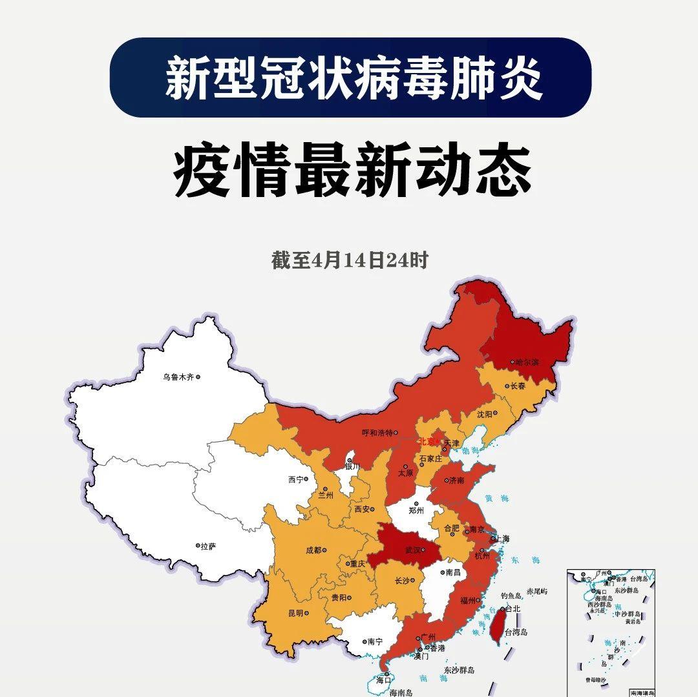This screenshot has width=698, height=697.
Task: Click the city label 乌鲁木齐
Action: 178,377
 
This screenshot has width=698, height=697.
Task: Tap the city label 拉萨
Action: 208,546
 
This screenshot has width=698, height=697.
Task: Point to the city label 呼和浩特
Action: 377,433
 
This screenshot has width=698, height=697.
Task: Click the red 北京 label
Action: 428,442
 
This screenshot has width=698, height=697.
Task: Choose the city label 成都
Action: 313,551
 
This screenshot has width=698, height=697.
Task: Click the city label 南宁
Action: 375,642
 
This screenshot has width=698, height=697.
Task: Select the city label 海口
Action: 384,680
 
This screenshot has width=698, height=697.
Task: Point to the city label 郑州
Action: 416,510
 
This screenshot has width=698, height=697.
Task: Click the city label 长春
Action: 518,386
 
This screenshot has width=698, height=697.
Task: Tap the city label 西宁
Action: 295,480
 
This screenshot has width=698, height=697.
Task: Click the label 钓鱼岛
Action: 511,596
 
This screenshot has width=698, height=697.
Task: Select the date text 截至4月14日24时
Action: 349,260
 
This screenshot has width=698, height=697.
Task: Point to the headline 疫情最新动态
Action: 352,171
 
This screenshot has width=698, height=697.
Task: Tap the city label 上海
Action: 503,538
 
